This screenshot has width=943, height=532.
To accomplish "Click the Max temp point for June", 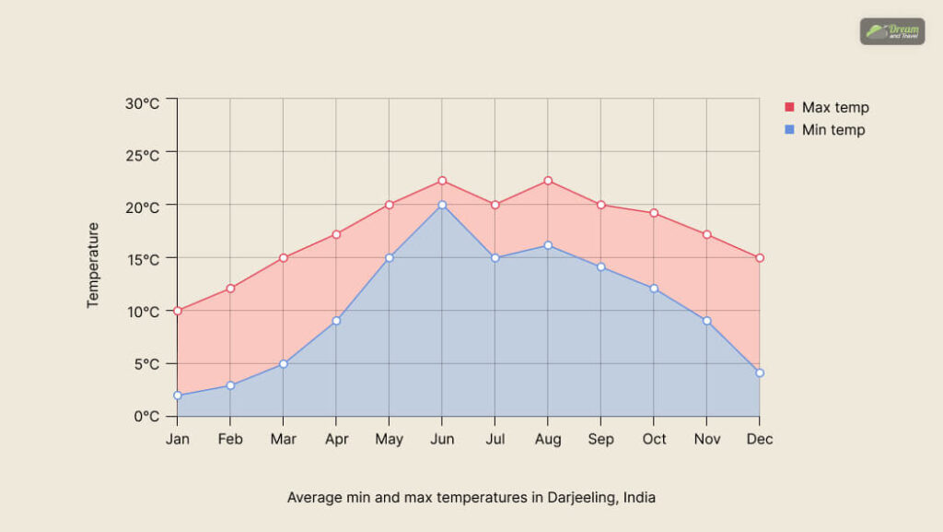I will tap(442, 181).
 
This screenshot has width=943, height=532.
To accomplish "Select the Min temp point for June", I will tap(442, 205).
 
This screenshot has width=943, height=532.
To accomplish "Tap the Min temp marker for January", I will tap(178, 396).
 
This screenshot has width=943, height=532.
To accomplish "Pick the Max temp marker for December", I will tap(760, 258).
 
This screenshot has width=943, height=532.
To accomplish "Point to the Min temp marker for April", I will tap(336, 321).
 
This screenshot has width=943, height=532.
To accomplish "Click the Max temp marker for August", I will tap(548, 181).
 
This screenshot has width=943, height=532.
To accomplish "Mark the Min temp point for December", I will tap(760, 373).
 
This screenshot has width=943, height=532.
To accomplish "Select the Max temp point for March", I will tap(284, 258).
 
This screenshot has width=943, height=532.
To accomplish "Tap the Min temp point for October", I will tap(654, 289).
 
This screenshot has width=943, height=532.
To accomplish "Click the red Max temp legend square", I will tap(789, 107).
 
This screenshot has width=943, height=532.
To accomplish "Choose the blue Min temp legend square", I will tap(789, 130).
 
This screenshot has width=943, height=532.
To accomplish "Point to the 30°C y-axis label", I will tap(143, 103).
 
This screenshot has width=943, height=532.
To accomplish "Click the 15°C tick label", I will tap(143, 259).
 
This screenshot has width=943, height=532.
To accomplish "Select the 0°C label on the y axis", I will tap(146, 416).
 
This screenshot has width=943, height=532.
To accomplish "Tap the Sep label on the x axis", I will tap(601, 440).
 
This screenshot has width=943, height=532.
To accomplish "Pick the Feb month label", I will tap(230, 440).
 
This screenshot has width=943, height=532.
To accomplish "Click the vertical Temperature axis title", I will tap(93, 265).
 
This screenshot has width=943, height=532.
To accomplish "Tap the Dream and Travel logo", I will tap(891, 31).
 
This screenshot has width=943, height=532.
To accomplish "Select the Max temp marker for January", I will tap(178, 311).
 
